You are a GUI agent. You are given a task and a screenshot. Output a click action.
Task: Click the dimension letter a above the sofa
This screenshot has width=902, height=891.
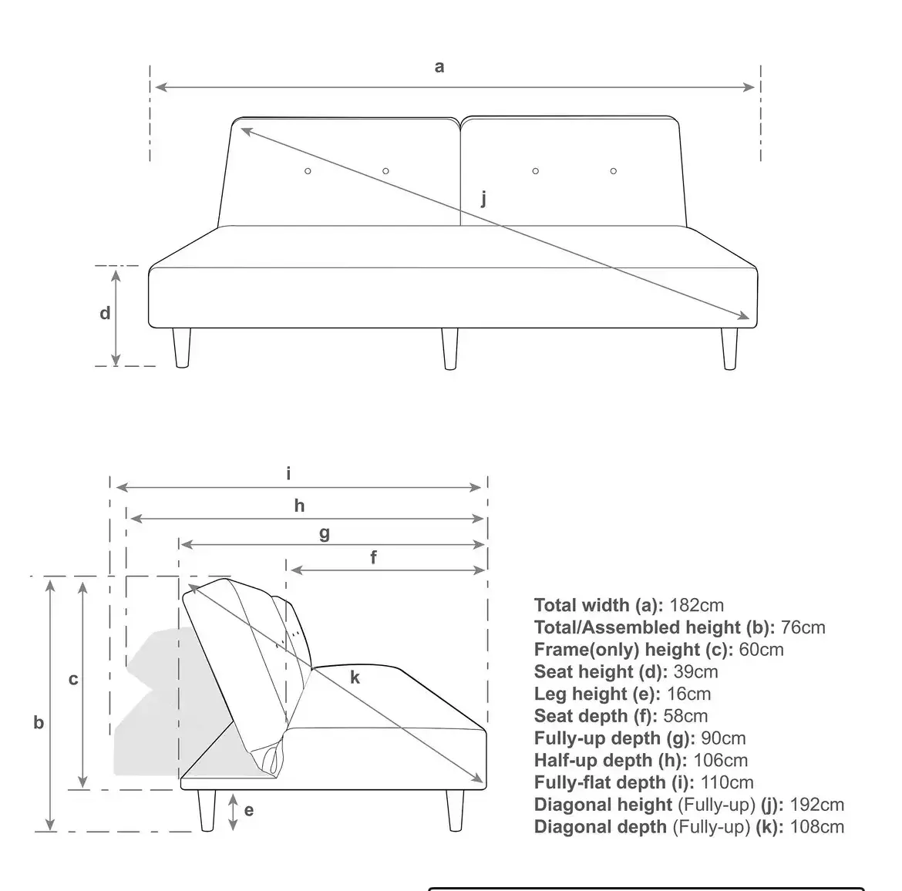pos(439,67)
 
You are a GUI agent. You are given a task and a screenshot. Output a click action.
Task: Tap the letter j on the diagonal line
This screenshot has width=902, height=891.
pos(484,199)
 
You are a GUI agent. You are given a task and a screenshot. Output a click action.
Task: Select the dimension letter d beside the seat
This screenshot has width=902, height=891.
pos(105,314)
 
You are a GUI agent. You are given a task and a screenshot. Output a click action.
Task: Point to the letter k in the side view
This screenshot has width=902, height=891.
pos(355,678)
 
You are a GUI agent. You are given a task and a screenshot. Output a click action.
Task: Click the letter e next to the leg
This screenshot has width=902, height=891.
pos(248,810)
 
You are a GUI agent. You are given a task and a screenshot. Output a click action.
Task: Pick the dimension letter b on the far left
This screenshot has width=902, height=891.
pos(39,723)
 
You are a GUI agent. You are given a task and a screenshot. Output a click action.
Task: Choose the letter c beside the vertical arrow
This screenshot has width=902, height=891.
pos(73,680)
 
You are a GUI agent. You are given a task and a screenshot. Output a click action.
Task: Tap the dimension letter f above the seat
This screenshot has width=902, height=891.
pos(374,557)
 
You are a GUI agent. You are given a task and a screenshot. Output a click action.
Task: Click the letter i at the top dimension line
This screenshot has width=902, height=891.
pos(289,473)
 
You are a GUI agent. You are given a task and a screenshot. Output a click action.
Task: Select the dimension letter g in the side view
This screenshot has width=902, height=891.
pos(325,533)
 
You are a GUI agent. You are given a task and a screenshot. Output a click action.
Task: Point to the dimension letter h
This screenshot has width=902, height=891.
pos(299,506)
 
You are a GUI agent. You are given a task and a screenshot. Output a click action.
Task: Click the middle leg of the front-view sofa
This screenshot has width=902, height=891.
pos(450,349)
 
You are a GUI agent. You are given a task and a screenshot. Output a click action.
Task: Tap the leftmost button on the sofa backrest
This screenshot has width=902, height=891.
pos(308,170)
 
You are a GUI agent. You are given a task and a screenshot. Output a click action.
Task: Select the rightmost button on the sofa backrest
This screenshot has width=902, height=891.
pos(614,170)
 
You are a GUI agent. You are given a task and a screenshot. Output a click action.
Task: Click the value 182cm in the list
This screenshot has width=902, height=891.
pos(696,606)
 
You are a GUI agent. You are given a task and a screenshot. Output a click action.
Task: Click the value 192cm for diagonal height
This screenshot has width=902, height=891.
pos(817,805)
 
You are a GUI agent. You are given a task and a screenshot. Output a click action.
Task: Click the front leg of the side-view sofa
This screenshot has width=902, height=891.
pos(455,810)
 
